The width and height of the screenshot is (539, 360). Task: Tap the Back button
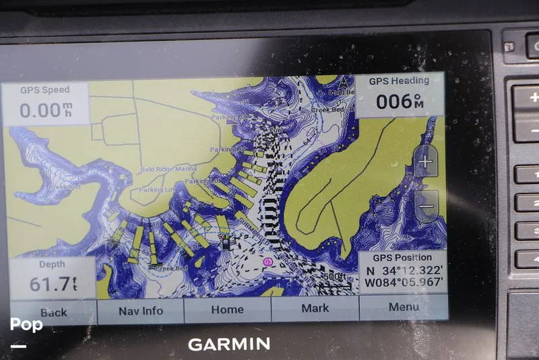tap(53, 312)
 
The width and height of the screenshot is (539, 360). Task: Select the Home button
tap(227, 309)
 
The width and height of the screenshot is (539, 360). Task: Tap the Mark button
tap(315, 308)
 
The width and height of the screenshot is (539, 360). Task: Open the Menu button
tap(404, 307)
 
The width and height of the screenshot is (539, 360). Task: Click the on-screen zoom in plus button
tap(425, 162)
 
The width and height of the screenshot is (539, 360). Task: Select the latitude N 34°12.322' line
tap(402, 270)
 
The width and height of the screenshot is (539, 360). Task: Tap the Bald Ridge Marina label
tap(169, 169)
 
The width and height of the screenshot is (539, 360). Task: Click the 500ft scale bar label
tap(334, 276)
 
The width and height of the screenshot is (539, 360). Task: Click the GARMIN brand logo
tap(229, 344)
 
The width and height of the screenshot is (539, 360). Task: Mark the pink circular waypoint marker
tap(267, 261)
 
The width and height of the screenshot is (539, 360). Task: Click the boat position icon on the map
tap(227, 241)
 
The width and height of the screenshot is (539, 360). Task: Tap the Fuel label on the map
tap(275, 129)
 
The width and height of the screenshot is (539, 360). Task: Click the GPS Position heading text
tap(401, 258)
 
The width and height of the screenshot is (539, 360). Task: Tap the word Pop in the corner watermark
tap(26, 325)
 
